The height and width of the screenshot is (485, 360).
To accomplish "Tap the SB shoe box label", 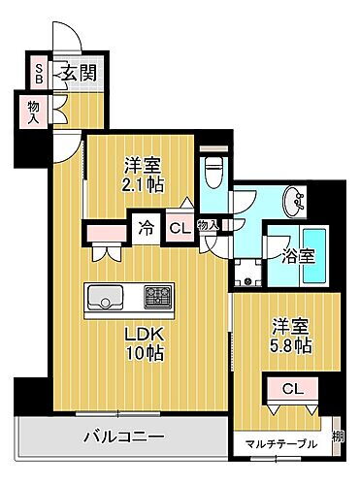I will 39,72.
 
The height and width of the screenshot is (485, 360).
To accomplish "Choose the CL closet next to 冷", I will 179,229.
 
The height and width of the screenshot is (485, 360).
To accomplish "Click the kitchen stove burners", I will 157,294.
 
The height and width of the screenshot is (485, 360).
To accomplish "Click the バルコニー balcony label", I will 121,436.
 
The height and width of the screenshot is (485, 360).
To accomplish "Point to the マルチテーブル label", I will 280,444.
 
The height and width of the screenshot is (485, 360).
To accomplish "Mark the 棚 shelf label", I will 338,436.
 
